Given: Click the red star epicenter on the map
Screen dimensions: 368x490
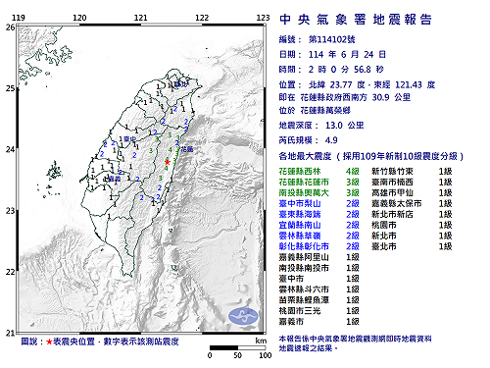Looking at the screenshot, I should [x=168, y=162].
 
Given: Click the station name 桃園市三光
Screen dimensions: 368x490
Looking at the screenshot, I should [x=300, y=309].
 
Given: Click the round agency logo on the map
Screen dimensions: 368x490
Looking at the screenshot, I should [x=177, y=85].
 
